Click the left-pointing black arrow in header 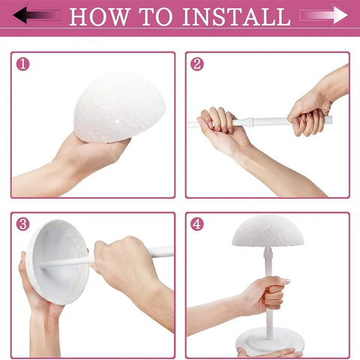point(37,15)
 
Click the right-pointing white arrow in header point(323,15)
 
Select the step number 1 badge point(23,64)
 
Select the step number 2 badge point(197,64)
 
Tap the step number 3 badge point(23,224)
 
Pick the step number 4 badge point(197,224)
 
